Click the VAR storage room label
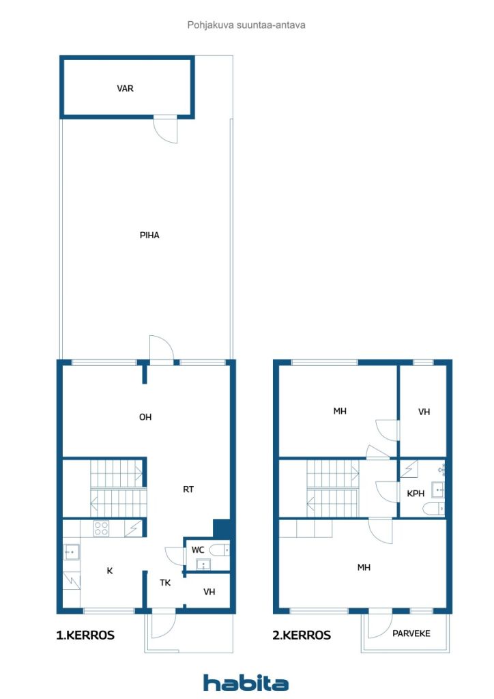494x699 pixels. [125, 88]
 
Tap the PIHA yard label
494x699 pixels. [149, 235]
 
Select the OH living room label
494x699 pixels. [145, 417]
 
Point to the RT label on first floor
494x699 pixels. [188, 489]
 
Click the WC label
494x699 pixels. [198, 550]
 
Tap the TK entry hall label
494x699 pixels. [165, 582]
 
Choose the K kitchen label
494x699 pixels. [110, 571]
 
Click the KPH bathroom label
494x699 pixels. [416, 494]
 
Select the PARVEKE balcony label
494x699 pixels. [411, 633]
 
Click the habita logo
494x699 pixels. [246, 683]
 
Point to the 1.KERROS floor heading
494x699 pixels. [85, 635]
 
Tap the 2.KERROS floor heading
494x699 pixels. [302, 635]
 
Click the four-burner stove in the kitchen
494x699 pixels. [101, 528]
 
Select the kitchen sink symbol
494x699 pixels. [71, 552]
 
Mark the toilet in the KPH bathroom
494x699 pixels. [433, 509]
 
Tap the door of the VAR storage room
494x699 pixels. [165, 130]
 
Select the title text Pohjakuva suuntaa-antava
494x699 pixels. [246, 25]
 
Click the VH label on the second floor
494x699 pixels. [424, 412]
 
